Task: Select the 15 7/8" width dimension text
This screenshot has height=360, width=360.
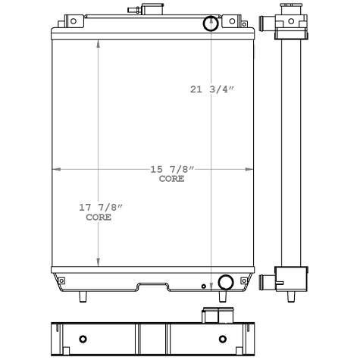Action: [x=171, y=169]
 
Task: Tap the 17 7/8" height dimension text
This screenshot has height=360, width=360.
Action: [x=100, y=208]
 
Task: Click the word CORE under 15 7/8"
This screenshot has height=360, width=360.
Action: [x=171, y=179]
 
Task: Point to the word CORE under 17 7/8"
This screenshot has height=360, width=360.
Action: [x=99, y=218]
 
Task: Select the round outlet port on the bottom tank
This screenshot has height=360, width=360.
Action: [x=224, y=283]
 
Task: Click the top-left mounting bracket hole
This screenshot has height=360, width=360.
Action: [x=73, y=21]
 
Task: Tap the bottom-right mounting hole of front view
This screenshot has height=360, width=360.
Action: [x=243, y=282]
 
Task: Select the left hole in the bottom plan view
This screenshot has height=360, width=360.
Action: [x=83, y=338]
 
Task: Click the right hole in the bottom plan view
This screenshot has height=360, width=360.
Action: [x=222, y=338]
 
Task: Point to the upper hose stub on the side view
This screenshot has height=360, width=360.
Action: [x=267, y=25]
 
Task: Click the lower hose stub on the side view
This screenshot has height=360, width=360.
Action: [x=267, y=281]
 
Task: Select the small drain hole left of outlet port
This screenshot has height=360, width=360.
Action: [x=203, y=286]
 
